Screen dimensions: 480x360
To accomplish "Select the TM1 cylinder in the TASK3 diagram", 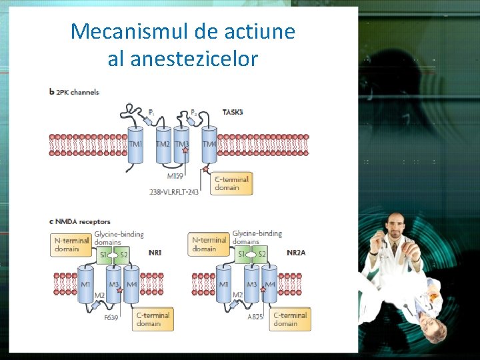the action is [x=135, y=144].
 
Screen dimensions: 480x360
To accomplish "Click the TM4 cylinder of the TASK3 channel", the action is [x=209, y=144].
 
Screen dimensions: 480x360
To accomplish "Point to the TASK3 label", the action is [x=232, y=112].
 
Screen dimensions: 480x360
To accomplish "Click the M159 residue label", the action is [x=176, y=177].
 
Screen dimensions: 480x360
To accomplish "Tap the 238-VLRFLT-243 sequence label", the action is [x=174, y=192].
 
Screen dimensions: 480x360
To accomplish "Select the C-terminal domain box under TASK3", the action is [x=232, y=183].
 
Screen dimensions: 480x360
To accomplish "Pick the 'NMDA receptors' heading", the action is [x=82, y=221].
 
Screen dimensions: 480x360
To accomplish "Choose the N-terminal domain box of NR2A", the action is [x=209, y=244].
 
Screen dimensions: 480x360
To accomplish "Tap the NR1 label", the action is [x=155, y=253].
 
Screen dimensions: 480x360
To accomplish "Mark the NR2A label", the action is [x=296, y=253].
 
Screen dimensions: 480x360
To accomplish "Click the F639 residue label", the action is [x=111, y=318].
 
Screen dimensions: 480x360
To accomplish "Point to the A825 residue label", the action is [x=255, y=318].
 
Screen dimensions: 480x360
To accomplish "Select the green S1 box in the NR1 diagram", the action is [x=105, y=255].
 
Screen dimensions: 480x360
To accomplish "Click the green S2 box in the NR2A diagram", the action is [x=262, y=255].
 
